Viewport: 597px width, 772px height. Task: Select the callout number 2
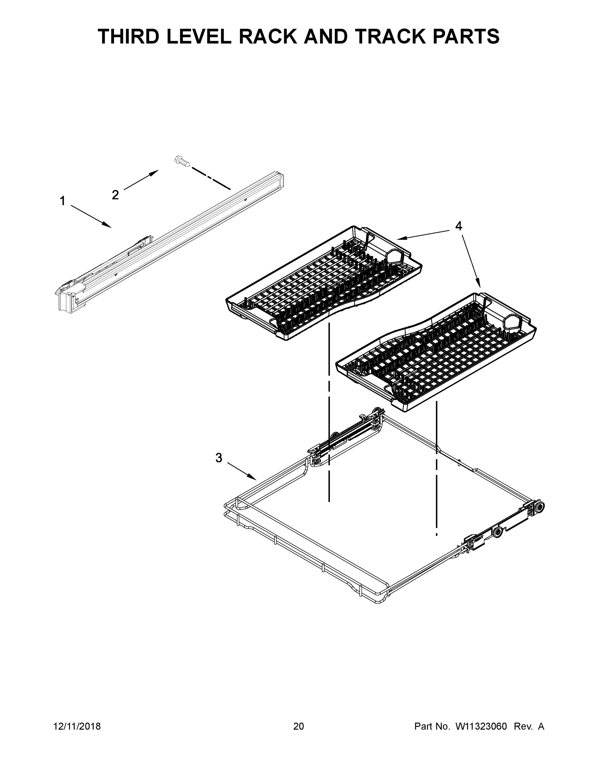click(115, 194)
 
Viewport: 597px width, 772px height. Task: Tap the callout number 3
click(219, 458)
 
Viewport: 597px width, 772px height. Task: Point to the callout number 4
click(458, 225)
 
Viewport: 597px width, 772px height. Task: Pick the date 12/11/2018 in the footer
click(77, 726)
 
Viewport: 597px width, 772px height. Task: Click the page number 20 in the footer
click(299, 726)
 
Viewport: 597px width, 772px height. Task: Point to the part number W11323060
click(481, 726)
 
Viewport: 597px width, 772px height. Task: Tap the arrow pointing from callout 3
click(242, 471)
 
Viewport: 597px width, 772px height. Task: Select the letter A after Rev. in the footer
click(541, 726)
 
